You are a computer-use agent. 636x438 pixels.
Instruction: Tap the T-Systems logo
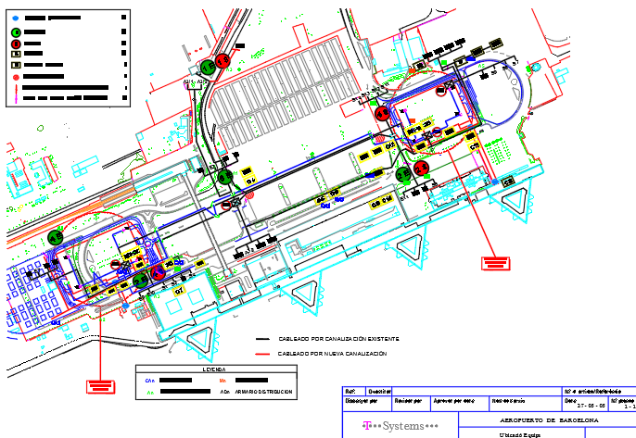389,427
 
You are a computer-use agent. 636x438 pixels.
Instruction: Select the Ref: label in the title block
350,391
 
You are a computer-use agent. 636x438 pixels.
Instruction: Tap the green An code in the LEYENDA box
149,393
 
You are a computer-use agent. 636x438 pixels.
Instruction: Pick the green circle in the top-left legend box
16,31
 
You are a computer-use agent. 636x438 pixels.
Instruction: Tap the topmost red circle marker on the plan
223,61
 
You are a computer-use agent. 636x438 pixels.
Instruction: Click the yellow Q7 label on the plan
180,290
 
